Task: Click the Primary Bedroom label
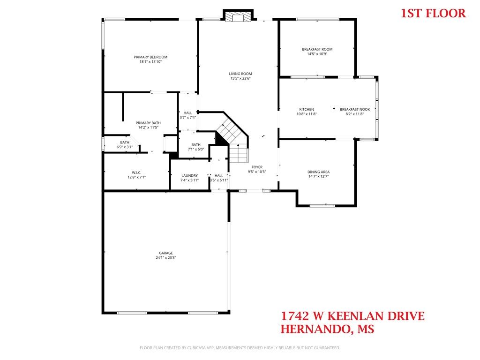(150, 57)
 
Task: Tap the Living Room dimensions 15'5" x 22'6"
(240, 79)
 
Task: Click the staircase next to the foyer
(232, 134)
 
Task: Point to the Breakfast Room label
(317, 49)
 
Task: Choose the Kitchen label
(307, 109)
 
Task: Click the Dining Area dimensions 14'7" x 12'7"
(318, 177)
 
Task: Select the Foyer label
(257, 167)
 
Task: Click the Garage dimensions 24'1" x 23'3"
(166, 258)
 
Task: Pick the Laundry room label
(190, 175)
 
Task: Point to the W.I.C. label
(136, 172)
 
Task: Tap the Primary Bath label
(148, 123)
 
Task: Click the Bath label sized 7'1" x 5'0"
(196, 144)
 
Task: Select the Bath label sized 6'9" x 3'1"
(125, 142)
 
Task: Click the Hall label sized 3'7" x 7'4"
(187, 113)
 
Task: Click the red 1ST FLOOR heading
(434, 13)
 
